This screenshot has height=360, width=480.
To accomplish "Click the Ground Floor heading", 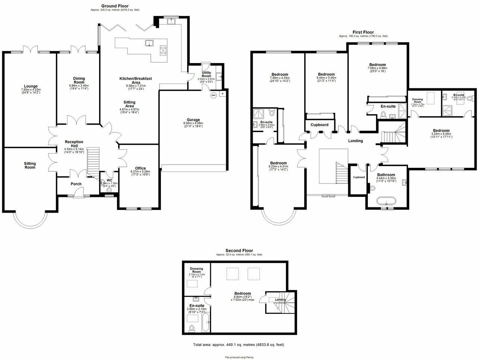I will click(115, 6).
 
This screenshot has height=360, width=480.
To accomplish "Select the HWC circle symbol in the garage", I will click(214, 96).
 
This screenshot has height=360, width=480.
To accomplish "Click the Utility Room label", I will click(206, 74).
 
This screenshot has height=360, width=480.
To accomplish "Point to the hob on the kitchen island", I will click(163, 50).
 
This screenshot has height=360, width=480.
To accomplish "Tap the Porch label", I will click(76, 184).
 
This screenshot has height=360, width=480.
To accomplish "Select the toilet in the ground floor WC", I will click(109, 190).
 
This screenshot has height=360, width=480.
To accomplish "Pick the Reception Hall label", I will click(74, 144).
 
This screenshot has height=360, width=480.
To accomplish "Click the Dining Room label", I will click(79, 80).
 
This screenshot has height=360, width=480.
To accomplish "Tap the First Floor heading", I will click(363, 32).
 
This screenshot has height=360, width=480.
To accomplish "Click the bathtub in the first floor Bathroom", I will click(386, 201).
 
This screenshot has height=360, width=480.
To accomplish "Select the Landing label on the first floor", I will click(355, 141).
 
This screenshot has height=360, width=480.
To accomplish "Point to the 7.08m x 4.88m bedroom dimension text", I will click(378, 68).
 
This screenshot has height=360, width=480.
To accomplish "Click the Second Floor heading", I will click(239, 251).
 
